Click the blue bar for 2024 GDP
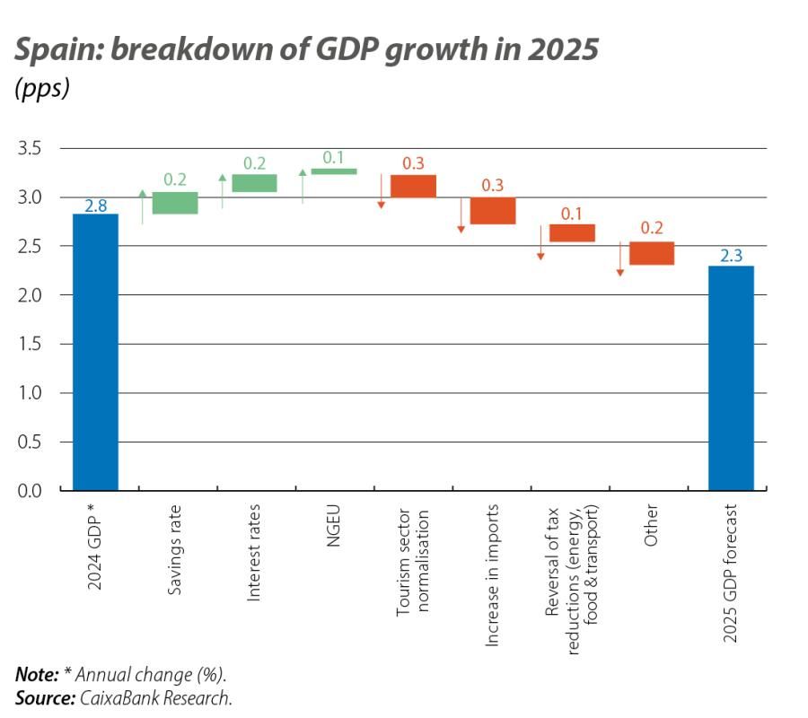[x=95, y=352]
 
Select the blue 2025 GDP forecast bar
[x=731, y=378]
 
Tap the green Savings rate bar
[x=175, y=203]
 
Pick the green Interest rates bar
[x=254, y=183]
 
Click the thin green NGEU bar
[x=334, y=171]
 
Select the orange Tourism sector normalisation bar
[x=413, y=186]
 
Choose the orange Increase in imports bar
[x=493, y=210]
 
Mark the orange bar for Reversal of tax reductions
[x=572, y=232]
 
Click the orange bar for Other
[x=652, y=253]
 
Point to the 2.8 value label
[x=95, y=206]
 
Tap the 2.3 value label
[x=731, y=257]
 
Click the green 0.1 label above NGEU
[x=333, y=157]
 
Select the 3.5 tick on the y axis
[x=30, y=148]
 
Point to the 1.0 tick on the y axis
[x=30, y=393]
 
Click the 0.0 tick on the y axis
[x=30, y=491]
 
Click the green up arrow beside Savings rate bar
[x=142, y=206]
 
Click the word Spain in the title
[x=57, y=50]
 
